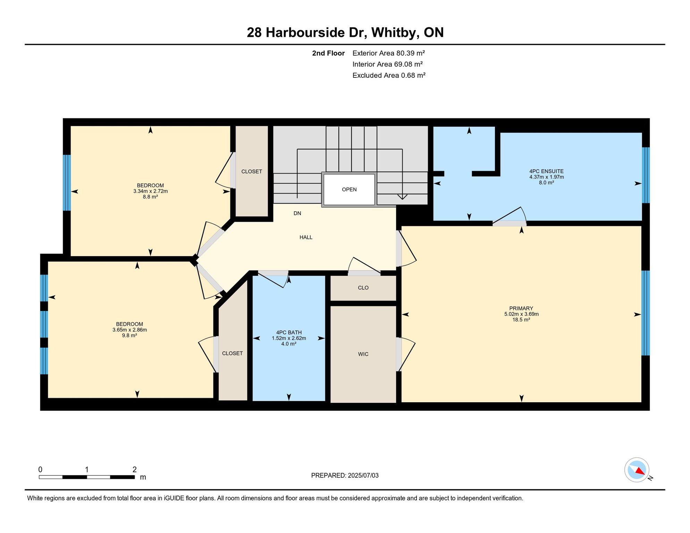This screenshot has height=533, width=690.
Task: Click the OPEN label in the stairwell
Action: click(x=349, y=189)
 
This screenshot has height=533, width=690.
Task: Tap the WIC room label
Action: click(x=363, y=354)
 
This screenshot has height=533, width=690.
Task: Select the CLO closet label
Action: click(x=363, y=288)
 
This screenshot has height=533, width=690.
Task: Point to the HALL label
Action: click(x=306, y=237)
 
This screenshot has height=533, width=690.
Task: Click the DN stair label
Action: click(x=297, y=213)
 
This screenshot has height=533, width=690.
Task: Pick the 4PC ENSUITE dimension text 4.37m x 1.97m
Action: click(x=546, y=177)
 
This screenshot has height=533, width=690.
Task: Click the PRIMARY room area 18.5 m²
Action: click(x=521, y=320)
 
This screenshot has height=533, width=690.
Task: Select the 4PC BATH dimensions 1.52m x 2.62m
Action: click(x=289, y=338)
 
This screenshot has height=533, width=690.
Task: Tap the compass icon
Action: click(x=637, y=470)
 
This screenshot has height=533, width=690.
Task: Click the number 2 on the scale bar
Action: click(x=134, y=469)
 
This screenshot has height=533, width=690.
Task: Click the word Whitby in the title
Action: click(x=395, y=33)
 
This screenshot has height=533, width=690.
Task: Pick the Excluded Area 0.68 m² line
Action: click(x=389, y=75)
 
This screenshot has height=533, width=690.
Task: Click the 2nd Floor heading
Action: click(x=328, y=53)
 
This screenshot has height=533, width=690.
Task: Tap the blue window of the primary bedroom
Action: click(x=645, y=313)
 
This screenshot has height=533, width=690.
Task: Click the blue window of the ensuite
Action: click(x=646, y=175)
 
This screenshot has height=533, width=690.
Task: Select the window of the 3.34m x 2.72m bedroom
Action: click(x=67, y=183)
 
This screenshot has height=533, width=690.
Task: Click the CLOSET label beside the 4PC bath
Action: click(x=232, y=353)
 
